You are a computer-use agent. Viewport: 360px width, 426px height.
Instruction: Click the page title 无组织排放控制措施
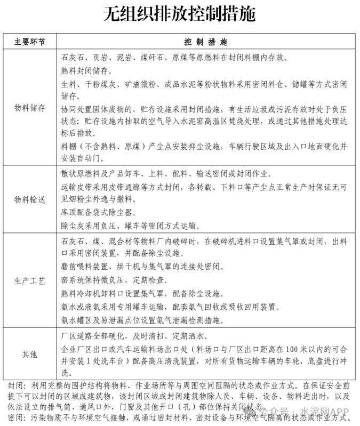pos(180,14)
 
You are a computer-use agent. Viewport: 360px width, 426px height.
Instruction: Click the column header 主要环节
pos(29,42)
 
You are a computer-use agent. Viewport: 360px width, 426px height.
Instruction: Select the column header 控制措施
pos(205,42)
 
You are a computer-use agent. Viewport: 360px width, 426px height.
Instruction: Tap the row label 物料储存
pos(29,107)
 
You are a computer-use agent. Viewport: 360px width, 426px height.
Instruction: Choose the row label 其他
pos(29,354)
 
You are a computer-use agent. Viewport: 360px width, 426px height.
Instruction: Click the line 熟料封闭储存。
pos(90,70)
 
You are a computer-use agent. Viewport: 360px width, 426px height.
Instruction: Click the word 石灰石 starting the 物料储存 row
pos(73,57)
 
